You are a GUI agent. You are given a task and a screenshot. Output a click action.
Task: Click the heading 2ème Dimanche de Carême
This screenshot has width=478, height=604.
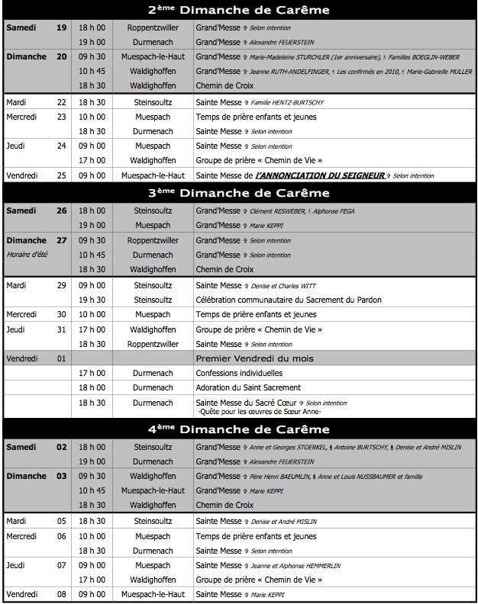[x=239, y=10]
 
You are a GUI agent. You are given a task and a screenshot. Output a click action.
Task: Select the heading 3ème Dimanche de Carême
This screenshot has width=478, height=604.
[x=239, y=192]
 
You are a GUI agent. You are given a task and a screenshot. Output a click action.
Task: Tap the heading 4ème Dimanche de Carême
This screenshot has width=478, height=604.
[x=239, y=429]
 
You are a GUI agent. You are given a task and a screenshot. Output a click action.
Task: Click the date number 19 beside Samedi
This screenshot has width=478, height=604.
[x=61, y=27]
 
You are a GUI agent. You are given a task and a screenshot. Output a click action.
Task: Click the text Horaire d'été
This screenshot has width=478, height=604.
[x=27, y=255]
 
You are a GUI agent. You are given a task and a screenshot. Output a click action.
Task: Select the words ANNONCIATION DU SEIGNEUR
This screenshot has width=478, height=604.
[x=321, y=175]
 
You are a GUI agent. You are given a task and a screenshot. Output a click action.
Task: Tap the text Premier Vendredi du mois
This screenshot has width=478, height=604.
[x=254, y=358]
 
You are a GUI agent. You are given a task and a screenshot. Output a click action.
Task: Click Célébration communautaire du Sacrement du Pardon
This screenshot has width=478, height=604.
[x=289, y=300]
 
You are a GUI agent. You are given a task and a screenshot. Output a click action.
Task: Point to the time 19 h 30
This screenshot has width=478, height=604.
[x=92, y=300]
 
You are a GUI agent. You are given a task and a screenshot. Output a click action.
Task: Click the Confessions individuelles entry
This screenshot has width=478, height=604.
[x=239, y=373]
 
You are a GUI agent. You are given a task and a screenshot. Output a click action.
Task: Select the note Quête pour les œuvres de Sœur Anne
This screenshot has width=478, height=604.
[x=260, y=412]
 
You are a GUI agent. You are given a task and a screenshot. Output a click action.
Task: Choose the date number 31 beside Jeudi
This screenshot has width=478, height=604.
[x=61, y=329]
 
